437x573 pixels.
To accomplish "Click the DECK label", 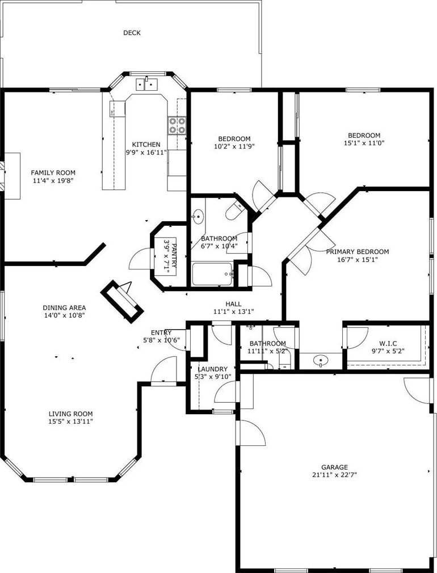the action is point(132,33).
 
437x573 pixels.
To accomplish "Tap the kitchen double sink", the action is point(146,85).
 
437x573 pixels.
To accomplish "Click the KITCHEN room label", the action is point(146,144).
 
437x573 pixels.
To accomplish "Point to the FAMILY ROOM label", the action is point(53,172).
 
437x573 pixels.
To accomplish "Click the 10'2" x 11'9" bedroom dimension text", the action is point(234,146).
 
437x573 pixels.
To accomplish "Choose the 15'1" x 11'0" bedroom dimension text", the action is point(364,143).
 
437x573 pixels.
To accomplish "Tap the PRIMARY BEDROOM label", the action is point(358,252).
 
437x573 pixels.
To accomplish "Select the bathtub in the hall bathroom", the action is point(212,274).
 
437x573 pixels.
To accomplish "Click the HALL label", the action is point(233,304).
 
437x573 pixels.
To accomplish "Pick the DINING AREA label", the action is point(64,307).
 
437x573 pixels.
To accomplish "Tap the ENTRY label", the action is point(161,332).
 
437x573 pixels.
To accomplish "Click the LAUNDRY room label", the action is point(212,369).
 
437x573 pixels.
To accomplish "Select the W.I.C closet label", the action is point(388,343).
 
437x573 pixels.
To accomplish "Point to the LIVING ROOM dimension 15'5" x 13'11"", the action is point(71,422).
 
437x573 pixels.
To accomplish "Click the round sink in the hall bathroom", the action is point(198,216).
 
